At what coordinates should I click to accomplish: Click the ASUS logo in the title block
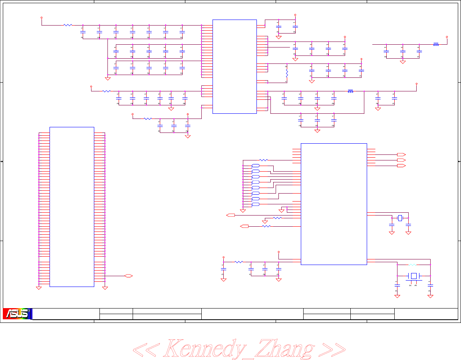point(17,314)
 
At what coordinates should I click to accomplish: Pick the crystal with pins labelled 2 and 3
point(414,276)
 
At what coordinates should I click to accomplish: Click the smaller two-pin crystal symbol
point(400,218)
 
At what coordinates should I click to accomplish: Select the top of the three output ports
point(401,154)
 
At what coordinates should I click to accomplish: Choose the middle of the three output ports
point(401,160)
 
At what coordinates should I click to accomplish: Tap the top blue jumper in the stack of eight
point(256,166)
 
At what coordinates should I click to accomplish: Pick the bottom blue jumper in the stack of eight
point(256,204)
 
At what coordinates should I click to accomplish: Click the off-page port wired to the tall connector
point(128,276)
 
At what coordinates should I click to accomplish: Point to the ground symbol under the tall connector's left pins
point(39,287)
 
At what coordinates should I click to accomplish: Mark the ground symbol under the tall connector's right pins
point(105,287)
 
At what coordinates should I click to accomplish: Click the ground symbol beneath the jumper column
point(242,211)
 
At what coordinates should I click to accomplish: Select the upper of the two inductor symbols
point(436,44)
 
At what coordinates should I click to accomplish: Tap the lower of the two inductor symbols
point(350,91)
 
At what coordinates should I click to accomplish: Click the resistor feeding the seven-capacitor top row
point(68,25)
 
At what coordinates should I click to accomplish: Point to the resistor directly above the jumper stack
point(264,160)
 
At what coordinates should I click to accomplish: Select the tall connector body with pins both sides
point(72,207)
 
